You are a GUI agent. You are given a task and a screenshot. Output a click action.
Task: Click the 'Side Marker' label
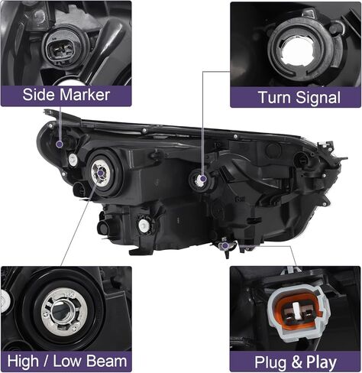(x=66, y=96)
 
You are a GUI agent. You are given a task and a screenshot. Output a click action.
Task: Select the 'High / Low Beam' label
(x=66, y=360)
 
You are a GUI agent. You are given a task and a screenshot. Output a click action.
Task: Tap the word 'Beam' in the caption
(x=108, y=360)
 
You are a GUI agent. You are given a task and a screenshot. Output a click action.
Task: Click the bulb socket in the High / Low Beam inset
(x=60, y=309)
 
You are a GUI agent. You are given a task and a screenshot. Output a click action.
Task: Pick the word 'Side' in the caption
(x=38, y=96)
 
